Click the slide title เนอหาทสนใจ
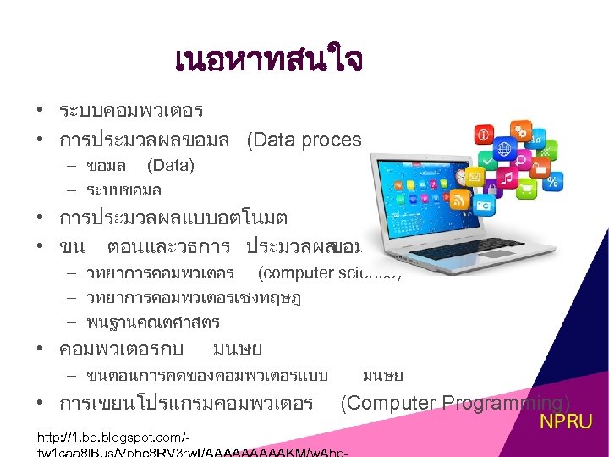click(268, 60)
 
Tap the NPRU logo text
click(567, 421)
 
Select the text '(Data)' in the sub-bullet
click(170, 166)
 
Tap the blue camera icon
click(483, 204)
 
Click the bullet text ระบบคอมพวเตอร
click(131, 111)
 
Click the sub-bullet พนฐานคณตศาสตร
click(153, 322)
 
